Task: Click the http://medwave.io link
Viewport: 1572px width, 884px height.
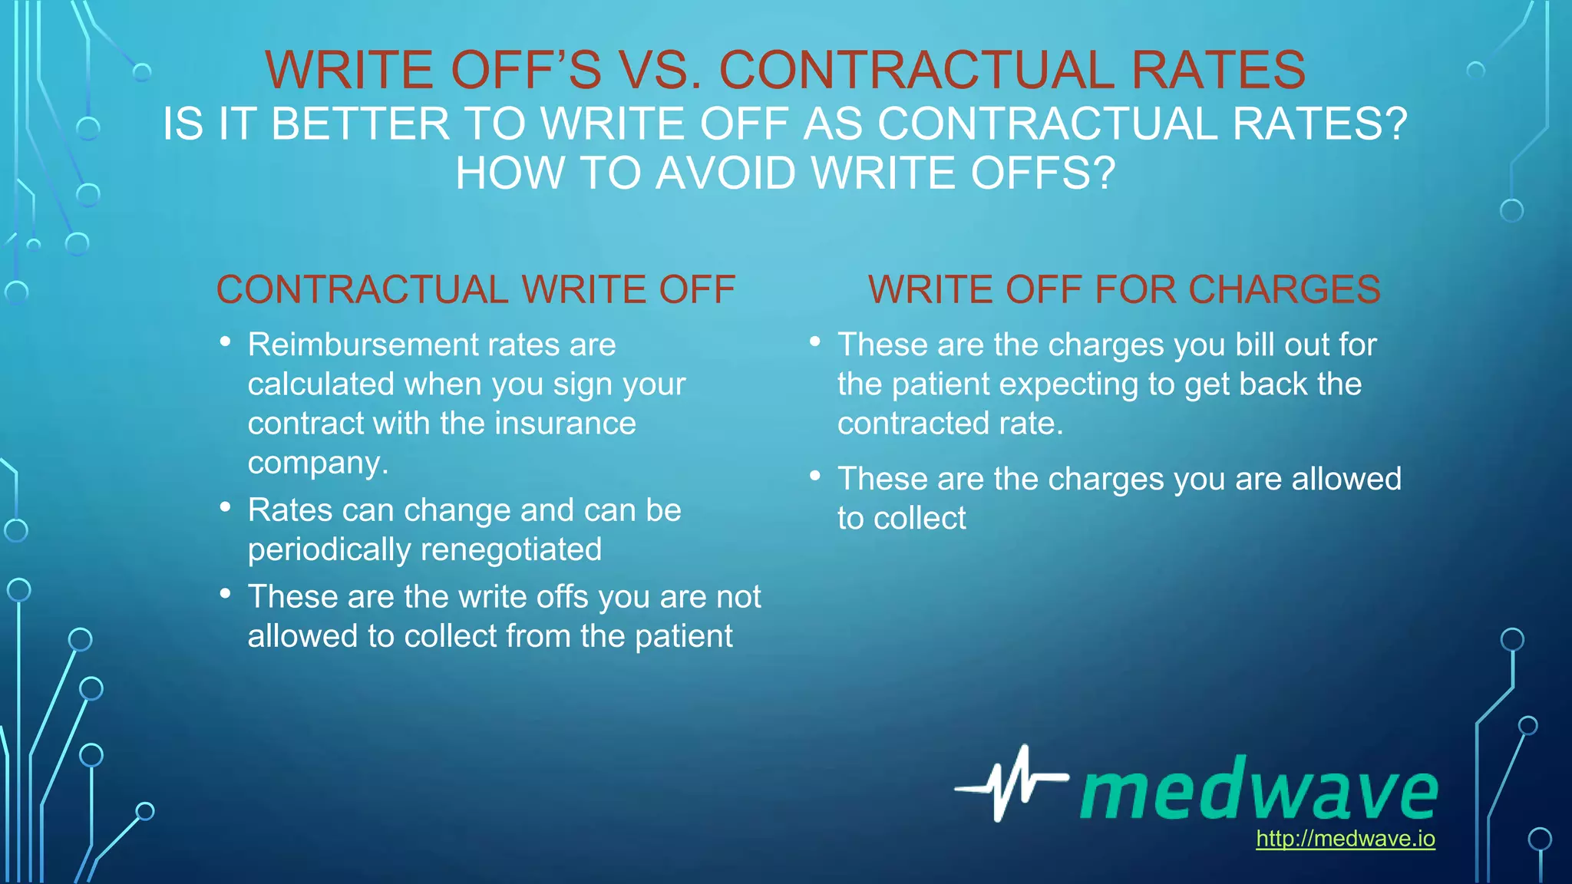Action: (x=1345, y=839)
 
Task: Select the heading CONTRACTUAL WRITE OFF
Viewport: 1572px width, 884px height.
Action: (x=476, y=290)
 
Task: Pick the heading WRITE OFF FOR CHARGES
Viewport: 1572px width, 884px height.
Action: (x=1124, y=290)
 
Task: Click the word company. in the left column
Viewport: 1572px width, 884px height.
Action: (x=318, y=463)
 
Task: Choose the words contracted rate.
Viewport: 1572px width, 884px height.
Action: (x=950, y=424)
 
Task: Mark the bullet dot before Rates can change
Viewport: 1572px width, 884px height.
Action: (x=225, y=507)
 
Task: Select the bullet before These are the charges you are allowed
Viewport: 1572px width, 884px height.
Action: (x=815, y=477)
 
